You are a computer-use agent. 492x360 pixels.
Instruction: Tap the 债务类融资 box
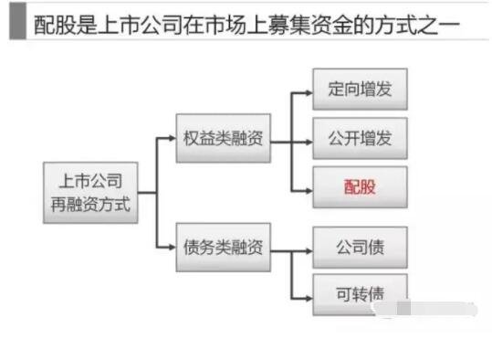[225, 247]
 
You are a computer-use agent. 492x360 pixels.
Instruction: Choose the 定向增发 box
[359, 90]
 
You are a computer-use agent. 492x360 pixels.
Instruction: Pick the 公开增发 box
[359, 139]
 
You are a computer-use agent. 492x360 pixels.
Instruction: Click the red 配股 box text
[359, 189]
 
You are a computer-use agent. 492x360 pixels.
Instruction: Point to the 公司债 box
[359, 247]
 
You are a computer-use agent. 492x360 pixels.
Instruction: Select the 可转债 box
[359, 294]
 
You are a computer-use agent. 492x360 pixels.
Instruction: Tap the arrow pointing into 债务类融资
[168, 247]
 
